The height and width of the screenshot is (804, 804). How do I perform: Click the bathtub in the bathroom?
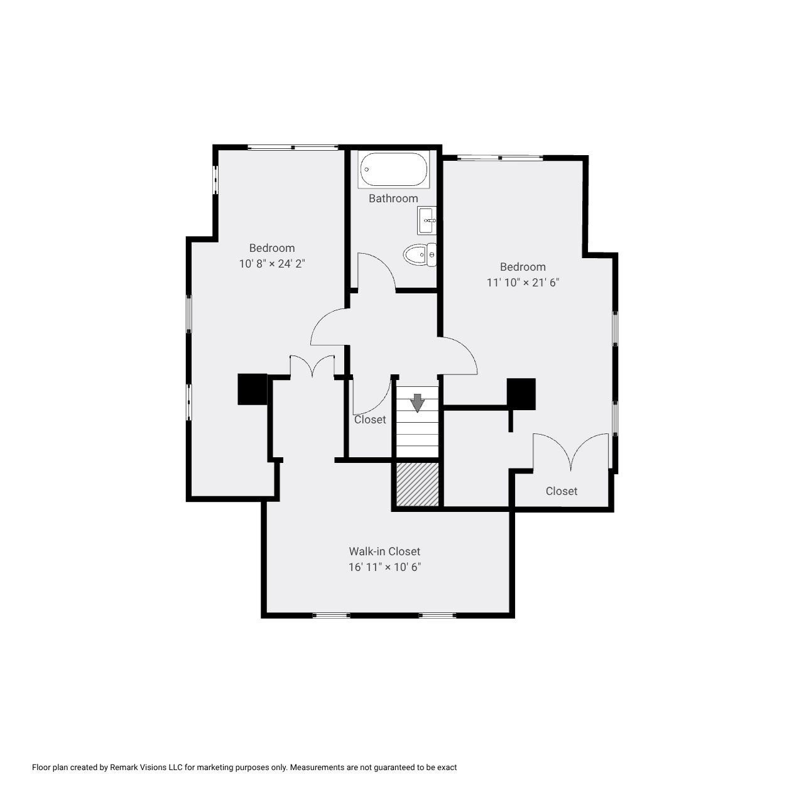click(394, 170)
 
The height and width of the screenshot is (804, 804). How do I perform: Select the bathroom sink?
click(426, 220)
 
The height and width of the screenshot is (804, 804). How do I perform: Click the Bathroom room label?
click(393, 198)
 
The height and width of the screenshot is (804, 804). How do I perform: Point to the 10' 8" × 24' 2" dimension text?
click(272, 264)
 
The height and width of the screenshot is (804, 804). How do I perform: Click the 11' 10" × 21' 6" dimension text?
click(523, 283)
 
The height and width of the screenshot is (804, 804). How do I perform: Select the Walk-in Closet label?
click(384, 551)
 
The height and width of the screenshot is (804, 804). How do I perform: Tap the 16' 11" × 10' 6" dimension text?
click(384, 567)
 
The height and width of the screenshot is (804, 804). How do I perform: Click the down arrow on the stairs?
click(417, 403)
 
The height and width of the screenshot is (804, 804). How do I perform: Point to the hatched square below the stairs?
click(417, 484)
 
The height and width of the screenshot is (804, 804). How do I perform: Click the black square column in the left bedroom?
click(253, 389)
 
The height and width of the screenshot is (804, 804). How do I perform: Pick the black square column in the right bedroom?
click(521, 394)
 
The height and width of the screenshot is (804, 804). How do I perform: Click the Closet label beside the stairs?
click(370, 420)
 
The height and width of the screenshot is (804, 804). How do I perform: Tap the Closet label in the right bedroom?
click(561, 491)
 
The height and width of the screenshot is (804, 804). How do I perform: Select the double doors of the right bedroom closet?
click(570, 452)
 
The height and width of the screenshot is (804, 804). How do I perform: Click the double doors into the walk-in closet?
click(312, 367)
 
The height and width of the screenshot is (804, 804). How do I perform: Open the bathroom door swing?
click(376, 272)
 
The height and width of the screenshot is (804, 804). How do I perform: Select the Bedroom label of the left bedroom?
click(272, 248)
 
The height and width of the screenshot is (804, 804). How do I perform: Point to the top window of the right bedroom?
click(500, 158)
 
